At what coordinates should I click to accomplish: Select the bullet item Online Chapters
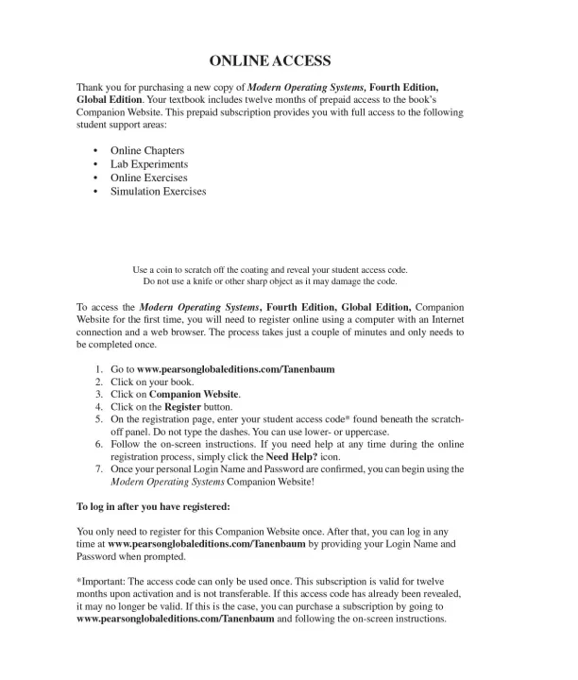pyautogui.click(x=146, y=151)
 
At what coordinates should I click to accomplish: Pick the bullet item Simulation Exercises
pyautogui.click(x=158, y=191)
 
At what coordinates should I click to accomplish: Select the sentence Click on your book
pyautogui.click(x=152, y=382)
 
